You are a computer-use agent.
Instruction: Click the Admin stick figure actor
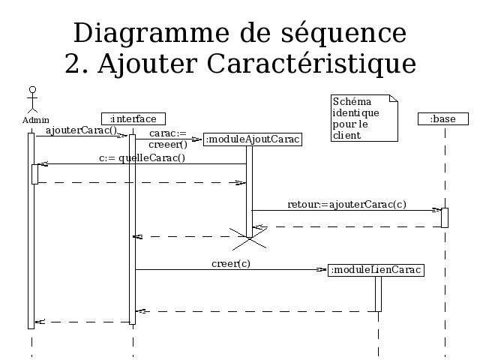32,100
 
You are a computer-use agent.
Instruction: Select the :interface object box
133,118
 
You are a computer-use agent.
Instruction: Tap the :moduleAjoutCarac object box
253,139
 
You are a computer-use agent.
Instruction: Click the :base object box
443,118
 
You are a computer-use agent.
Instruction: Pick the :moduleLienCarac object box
376,270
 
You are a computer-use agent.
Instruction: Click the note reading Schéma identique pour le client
364,118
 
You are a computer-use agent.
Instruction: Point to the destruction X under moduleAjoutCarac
250,238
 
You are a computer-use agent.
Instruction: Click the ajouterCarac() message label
82,130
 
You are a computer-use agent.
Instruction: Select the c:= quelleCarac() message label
142,158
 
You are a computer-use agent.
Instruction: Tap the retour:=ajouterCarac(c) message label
346,205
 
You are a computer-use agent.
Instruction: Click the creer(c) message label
231,263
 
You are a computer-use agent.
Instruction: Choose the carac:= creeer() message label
168,139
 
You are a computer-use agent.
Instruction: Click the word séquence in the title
343,33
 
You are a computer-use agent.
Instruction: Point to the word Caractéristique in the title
311,64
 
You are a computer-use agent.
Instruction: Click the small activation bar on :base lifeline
445,218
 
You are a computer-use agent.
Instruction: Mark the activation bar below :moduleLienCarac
378,294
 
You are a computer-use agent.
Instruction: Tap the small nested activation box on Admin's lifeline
35,174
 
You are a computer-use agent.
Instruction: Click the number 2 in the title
73,64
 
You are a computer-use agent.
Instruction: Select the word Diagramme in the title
151,33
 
